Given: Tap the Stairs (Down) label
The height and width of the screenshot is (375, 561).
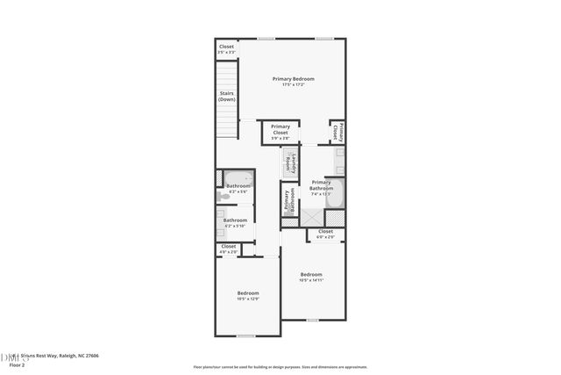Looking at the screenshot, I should coord(227,97).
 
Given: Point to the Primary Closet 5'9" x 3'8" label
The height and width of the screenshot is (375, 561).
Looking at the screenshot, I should coord(280,132).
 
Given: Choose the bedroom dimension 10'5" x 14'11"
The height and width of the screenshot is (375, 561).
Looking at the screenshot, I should coord(312,280).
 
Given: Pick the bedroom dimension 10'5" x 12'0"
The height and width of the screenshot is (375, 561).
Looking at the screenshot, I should coord(248,299).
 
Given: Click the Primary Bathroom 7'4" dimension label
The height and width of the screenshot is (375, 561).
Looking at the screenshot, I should coord(321,194).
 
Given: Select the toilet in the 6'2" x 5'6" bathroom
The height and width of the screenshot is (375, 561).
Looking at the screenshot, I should coord(224,198).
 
